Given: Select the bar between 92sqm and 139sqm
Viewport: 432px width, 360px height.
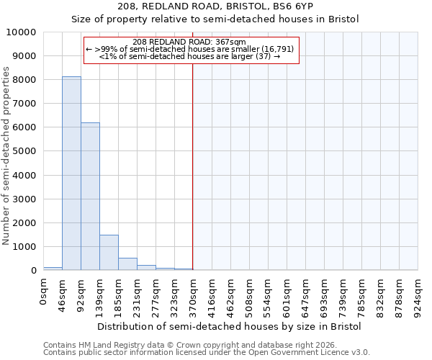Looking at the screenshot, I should click(x=90, y=197).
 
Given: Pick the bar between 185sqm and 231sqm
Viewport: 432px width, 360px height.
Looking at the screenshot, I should click(x=127, y=264).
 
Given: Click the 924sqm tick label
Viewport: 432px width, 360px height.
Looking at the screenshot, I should click(x=418, y=294).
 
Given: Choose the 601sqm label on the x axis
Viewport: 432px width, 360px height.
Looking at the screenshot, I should click(x=287, y=294).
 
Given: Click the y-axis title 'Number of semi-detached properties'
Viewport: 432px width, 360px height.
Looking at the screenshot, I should click(x=6, y=156).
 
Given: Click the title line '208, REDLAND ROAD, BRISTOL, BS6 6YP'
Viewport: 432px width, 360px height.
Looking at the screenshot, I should click(x=215, y=6).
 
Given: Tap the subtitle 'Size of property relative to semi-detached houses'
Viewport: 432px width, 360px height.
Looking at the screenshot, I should click(x=215, y=19).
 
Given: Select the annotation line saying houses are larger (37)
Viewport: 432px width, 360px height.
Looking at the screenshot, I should click(x=189, y=56).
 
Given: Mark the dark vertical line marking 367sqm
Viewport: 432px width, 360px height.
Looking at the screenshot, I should click(x=193, y=166).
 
